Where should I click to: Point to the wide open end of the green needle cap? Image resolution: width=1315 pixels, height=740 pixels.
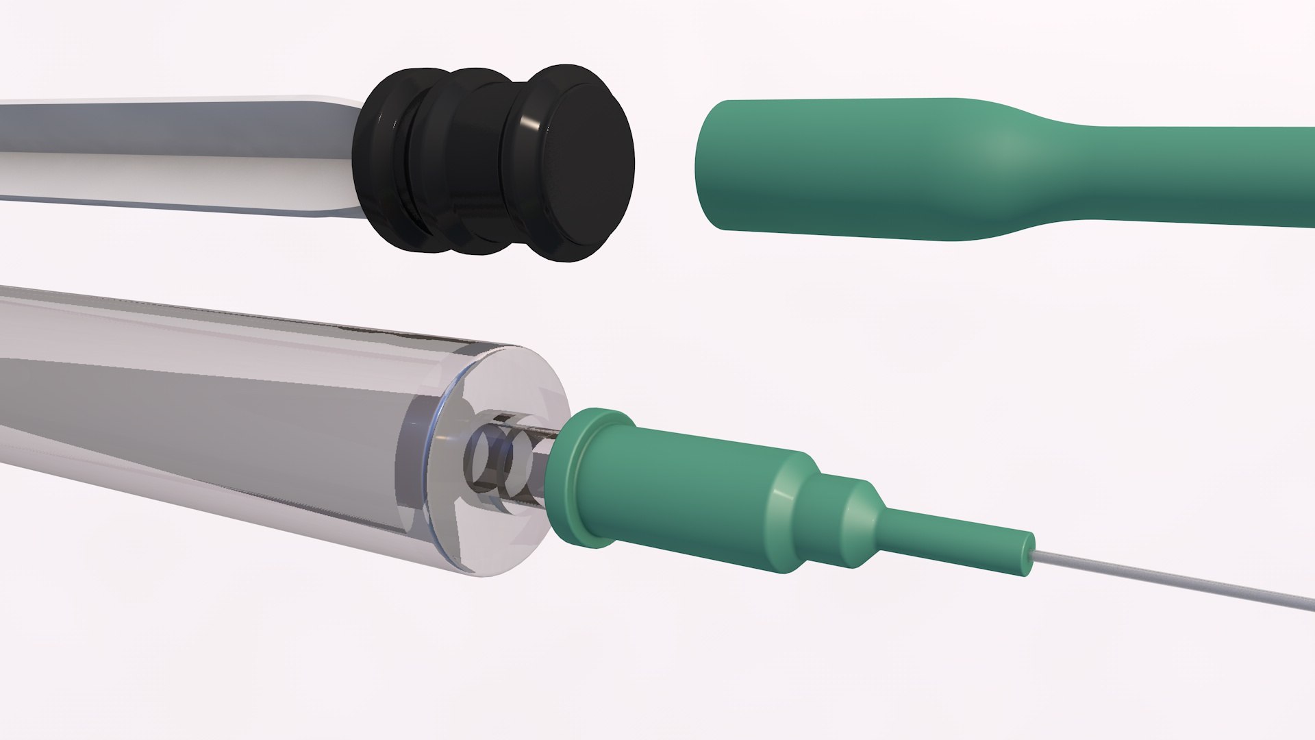point(726,164)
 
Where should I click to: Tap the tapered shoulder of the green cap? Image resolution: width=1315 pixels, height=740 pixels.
point(1014,171)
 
